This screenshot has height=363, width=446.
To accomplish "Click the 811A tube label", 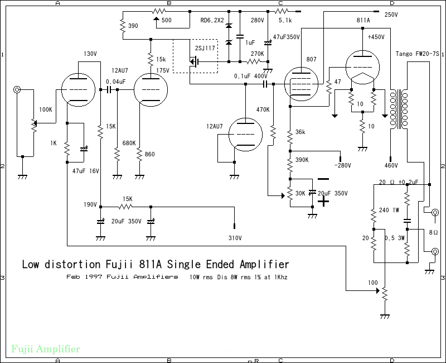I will click(362, 20).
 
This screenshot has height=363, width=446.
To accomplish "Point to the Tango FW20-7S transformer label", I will click(418, 54).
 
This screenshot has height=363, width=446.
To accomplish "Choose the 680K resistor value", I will click(129, 143).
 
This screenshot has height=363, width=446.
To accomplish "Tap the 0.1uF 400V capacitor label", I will click(250, 76).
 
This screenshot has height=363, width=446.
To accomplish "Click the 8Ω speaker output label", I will click(433, 232).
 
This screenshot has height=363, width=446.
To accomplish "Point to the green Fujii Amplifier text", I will click(46, 349).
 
